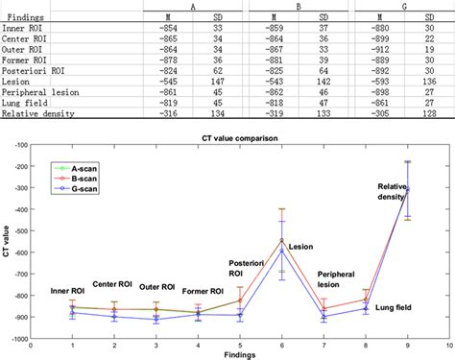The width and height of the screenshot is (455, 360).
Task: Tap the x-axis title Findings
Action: (x=240, y=354)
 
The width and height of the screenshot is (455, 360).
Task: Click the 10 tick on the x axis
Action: (x=447, y=344)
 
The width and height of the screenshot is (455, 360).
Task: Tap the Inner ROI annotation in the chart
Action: (x=72, y=290)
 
